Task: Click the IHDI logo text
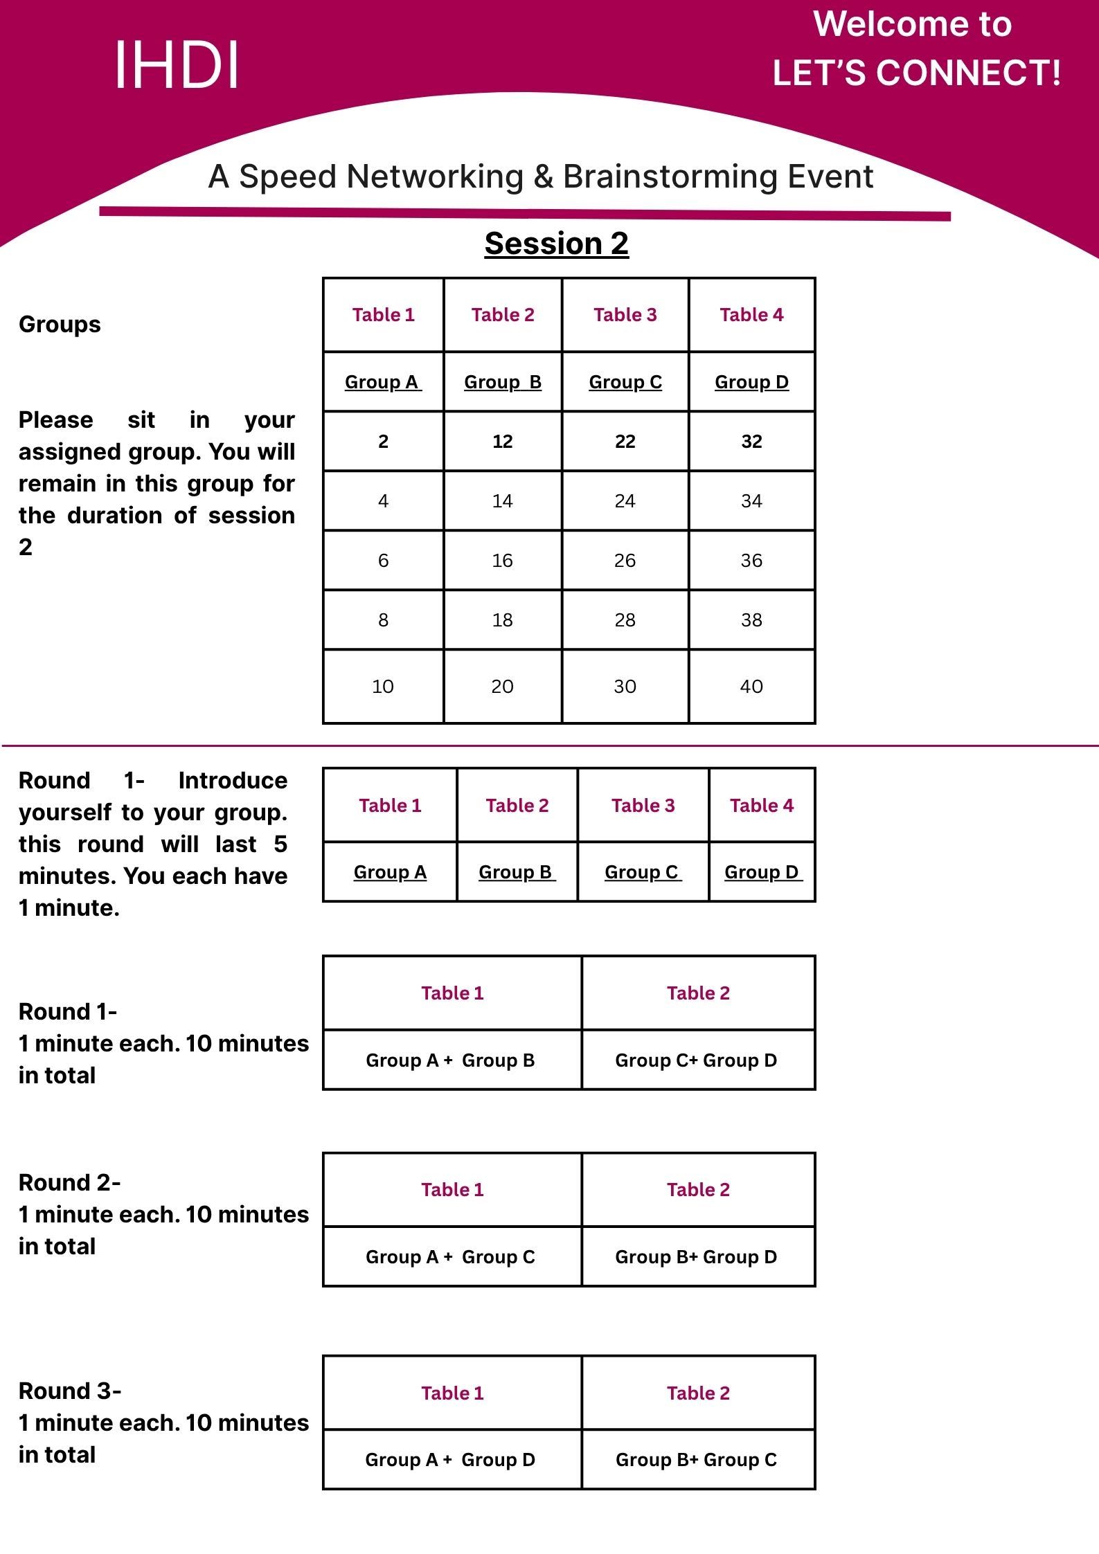coord(177,64)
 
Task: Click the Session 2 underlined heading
coord(556,244)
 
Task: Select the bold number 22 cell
coord(625,442)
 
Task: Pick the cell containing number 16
coord(502,561)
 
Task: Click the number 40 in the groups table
coord(751,687)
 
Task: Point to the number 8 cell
coord(383,620)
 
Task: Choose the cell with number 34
coord(751,501)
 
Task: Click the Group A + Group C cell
coord(451,1256)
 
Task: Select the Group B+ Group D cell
coord(696,1256)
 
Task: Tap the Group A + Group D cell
coord(451,1459)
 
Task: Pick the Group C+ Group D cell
coord(696,1060)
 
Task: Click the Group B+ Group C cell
coord(696,1459)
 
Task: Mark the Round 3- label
coord(70,1390)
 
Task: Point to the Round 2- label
coord(70,1182)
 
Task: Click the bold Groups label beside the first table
coord(60,324)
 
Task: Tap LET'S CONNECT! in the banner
coord(916,73)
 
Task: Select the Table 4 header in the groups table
coord(751,315)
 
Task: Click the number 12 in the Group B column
coord(502,442)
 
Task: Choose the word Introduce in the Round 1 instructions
coord(233,780)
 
